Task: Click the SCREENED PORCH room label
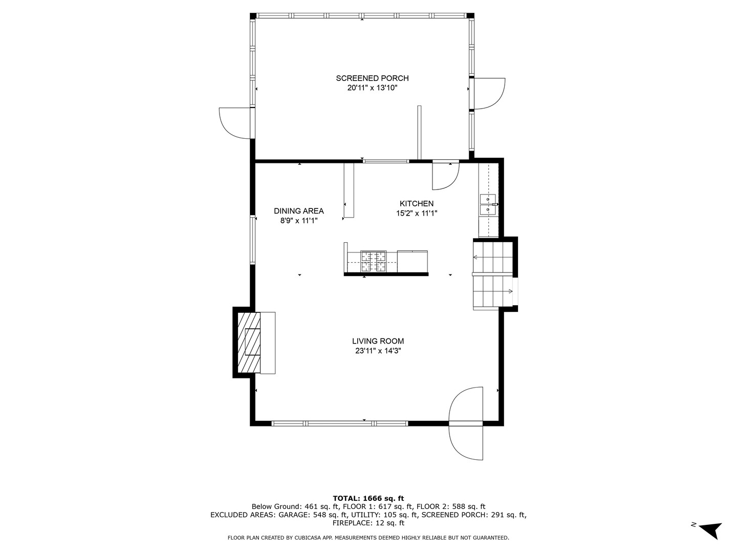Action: tap(372, 78)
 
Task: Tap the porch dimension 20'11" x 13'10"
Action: tap(372, 88)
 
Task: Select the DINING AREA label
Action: tap(298, 211)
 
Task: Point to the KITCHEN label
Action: tap(417, 204)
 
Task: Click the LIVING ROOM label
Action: tap(378, 341)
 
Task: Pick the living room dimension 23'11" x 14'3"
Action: tap(378, 351)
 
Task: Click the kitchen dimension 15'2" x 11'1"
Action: tap(417, 214)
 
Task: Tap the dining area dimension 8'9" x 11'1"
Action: tap(298, 221)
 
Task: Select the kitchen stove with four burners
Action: tap(373, 261)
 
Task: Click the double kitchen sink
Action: tap(488, 204)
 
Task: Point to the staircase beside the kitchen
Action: tap(493, 275)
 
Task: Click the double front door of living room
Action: tap(466, 423)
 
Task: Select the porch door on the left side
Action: tap(236, 123)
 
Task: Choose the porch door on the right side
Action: tap(488, 94)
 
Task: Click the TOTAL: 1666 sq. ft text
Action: tap(368, 498)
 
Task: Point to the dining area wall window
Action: tap(252, 240)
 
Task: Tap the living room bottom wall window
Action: tap(339, 423)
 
